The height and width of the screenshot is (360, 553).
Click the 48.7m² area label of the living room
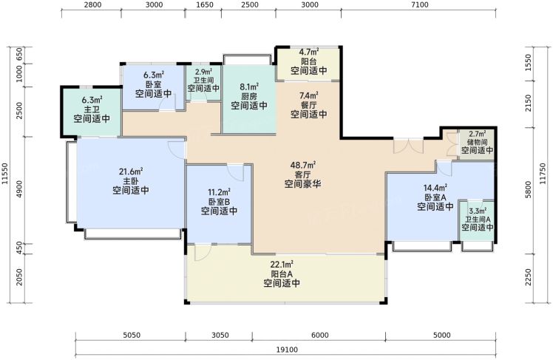[x=302, y=165]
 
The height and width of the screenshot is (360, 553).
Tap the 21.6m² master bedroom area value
[x=131, y=171]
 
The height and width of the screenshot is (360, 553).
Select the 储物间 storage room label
[x=477, y=142]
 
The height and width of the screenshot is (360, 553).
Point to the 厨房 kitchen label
[x=249, y=96]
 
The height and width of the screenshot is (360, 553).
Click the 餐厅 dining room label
[x=309, y=105]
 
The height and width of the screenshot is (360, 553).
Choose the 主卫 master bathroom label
[x=92, y=109]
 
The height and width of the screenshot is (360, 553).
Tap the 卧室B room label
[x=219, y=202]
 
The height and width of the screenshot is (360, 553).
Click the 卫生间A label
[x=478, y=220]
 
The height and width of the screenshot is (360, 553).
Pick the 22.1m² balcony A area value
[x=282, y=265]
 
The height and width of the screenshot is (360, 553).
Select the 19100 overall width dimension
[x=287, y=350]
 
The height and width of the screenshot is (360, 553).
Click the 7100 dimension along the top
[x=420, y=5]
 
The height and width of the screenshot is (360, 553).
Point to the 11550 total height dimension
[x=5, y=174]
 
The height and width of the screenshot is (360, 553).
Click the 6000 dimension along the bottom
[x=320, y=335]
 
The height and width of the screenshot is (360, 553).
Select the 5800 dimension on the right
[x=529, y=190]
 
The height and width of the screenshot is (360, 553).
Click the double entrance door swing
[x=408, y=146]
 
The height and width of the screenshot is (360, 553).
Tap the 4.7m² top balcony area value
[x=309, y=52]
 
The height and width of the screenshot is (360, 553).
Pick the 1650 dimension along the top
[x=205, y=5]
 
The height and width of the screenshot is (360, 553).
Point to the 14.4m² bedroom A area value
[x=435, y=188]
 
